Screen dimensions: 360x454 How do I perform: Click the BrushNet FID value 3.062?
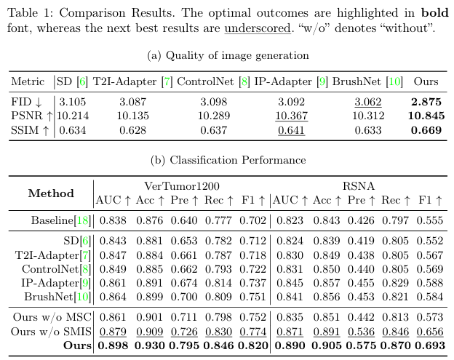pyautogui.click(x=367, y=102)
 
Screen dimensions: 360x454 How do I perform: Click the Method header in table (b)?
pyautogui.click(x=51, y=193)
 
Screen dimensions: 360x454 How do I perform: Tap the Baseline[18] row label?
pyautogui.click(x=60, y=220)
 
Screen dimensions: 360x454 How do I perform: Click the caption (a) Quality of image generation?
pyautogui.click(x=228, y=55)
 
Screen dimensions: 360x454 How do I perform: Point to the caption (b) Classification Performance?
pyautogui.click(x=228, y=160)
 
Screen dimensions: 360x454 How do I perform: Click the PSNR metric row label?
pyautogui.click(x=29, y=116)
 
